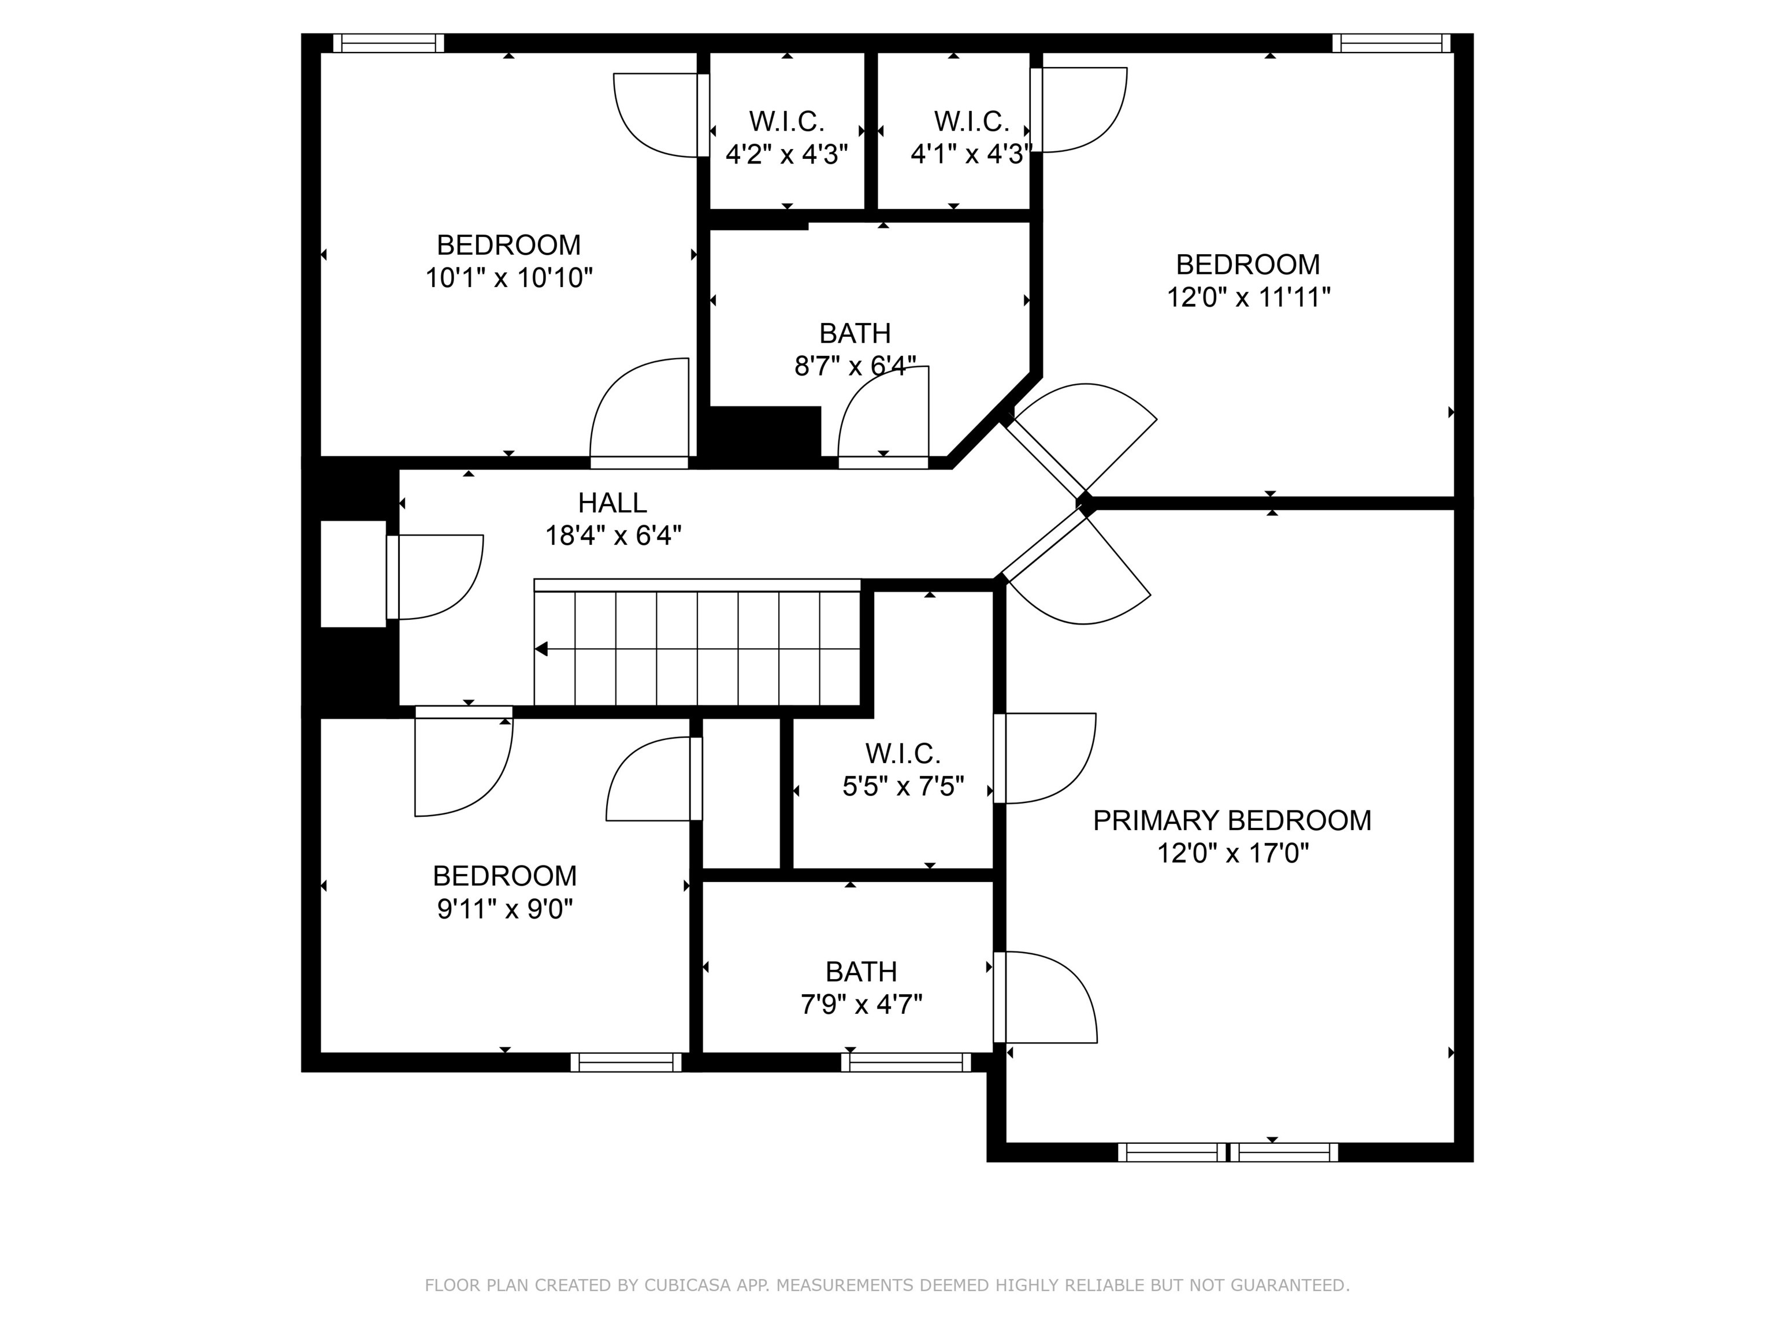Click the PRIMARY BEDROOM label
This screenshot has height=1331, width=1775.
click(x=1232, y=820)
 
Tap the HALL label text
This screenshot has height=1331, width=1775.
click(x=612, y=503)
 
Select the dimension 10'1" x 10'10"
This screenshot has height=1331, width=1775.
click(x=508, y=278)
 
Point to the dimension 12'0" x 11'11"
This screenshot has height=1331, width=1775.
click(x=1248, y=298)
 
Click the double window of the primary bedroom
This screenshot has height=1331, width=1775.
click(x=1228, y=1152)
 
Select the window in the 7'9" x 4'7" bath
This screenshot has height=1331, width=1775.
click(x=906, y=1062)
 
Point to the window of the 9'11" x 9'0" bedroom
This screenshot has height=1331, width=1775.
click(x=626, y=1062)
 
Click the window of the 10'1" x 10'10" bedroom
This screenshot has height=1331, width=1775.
click(x=388, y=43)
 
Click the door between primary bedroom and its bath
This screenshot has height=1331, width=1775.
click(x=1043, y=997)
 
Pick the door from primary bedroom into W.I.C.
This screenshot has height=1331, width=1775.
click(x=1043, y=757)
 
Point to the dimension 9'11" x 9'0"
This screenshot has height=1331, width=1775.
click(x=505, y=909)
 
